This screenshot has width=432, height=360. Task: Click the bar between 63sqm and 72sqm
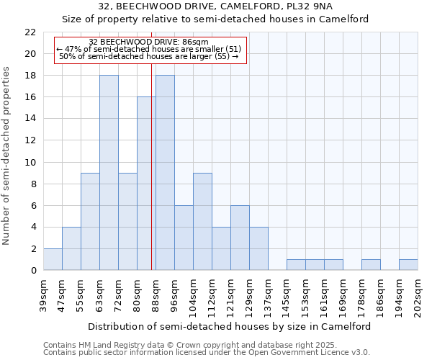109,173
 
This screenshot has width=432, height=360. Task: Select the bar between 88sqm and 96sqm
165,173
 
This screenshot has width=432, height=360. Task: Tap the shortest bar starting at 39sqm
53,259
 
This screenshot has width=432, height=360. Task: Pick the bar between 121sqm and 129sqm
240,238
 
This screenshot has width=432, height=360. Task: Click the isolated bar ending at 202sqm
408,265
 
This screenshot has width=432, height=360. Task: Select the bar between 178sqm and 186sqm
371,265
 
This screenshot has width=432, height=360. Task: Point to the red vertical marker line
152,180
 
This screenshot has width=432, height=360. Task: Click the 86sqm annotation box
150,50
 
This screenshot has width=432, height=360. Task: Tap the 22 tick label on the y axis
30,32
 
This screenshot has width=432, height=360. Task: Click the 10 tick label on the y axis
30,162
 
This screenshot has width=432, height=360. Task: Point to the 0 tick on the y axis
33,271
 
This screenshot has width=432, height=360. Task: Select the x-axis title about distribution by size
230,326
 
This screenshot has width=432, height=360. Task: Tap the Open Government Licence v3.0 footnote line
207,353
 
